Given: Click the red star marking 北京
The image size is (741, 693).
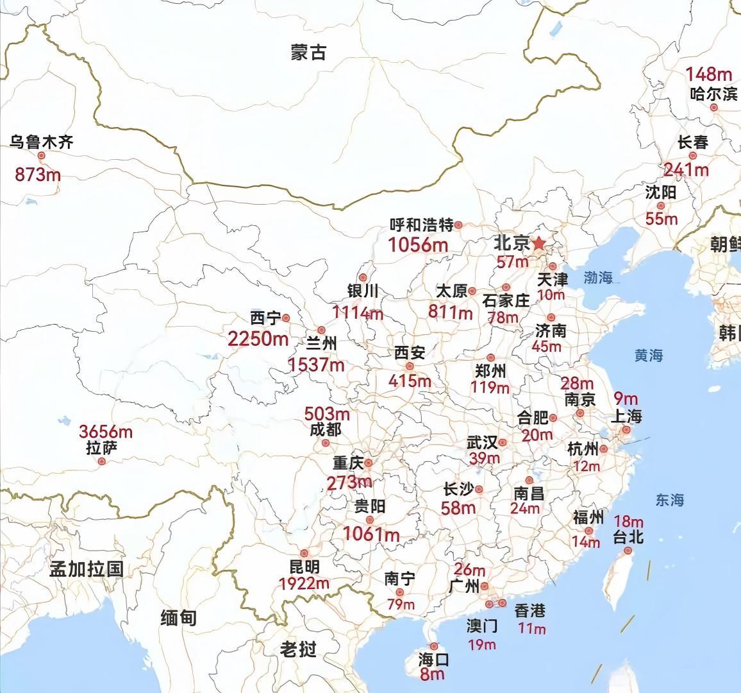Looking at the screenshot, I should click(539, 243).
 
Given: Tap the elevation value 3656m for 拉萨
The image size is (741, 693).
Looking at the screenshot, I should click(106, 431).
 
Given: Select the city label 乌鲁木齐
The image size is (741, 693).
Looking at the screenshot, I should click(41, 141).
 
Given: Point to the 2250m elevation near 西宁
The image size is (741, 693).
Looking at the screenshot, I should click(258, 338).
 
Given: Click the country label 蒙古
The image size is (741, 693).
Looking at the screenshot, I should click(308, 53).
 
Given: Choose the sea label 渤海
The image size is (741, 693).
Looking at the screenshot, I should click(598, 278).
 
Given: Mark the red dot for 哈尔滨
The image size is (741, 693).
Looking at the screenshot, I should click(713, 108).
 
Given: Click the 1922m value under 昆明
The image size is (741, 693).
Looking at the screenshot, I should click(304, 583).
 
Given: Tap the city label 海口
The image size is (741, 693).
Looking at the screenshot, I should click(434, 660).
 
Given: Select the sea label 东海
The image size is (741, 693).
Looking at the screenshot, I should click(670, 500).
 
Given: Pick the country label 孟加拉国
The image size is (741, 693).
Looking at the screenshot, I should click(87, 569).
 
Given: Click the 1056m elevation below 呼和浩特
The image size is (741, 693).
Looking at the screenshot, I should click(418, 244).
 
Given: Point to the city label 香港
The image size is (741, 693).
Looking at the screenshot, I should click(530, 610).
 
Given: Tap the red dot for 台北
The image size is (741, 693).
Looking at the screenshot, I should click(628, 551).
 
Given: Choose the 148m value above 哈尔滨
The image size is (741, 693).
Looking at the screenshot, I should click(708, 75).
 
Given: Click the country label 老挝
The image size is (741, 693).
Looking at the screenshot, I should click(299, 649).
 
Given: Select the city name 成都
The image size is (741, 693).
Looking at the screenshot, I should click(326, 429).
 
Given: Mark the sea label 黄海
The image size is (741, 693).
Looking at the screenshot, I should click(649, 355).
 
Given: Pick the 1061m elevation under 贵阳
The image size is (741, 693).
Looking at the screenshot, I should click(371, 533).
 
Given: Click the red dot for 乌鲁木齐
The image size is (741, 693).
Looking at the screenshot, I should click(42, 155).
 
